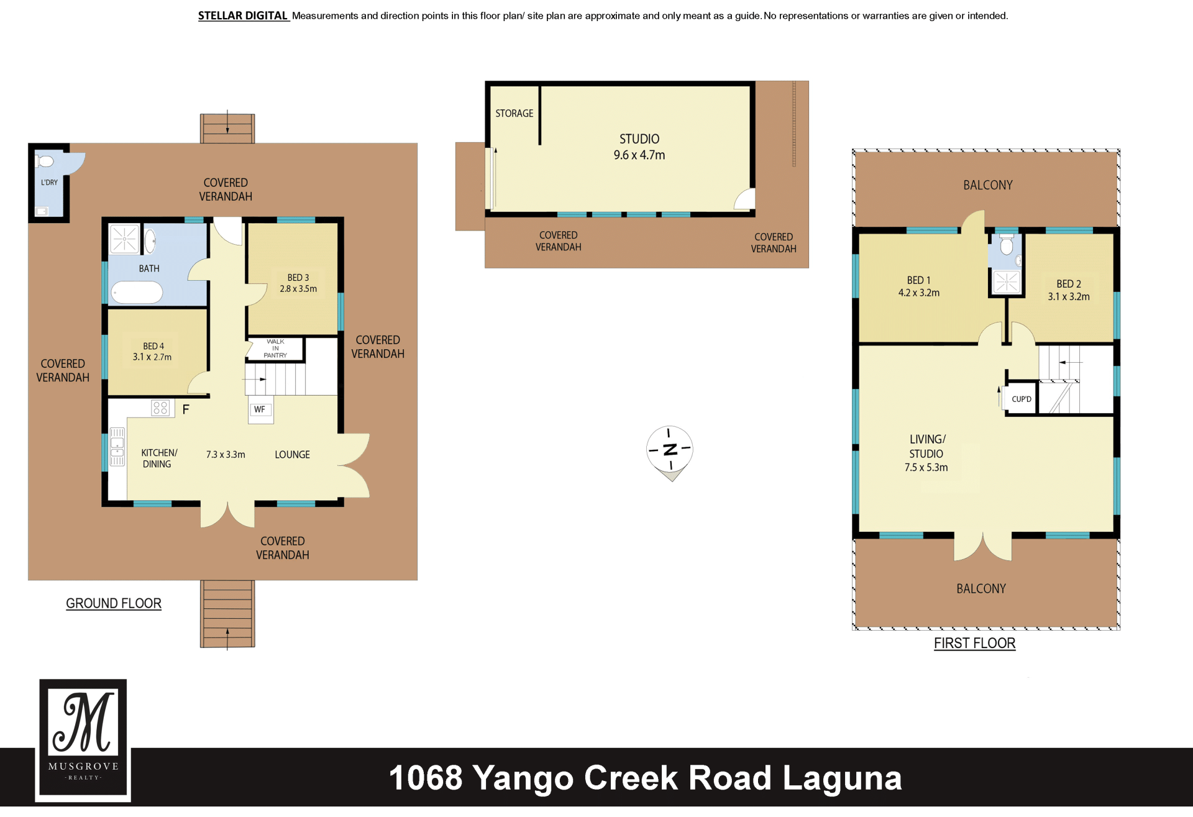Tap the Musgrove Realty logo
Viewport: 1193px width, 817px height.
coord(83,740)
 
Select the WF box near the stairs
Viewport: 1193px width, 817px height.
coord(260,409)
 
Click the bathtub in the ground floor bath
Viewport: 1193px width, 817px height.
coord(137,292)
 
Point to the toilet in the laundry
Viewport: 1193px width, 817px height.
coord(45,162)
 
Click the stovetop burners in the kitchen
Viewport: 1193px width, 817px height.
coord(160,408)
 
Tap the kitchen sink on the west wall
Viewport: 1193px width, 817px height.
coord(117,447)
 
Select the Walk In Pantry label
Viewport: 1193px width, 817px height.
coord(275,349)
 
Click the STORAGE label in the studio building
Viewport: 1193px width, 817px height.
coord(514,114)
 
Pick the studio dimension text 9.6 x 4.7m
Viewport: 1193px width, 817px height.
coord(639,155)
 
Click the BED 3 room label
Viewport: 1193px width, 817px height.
coord(298,278)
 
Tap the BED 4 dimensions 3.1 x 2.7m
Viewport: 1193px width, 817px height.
coord(152,357)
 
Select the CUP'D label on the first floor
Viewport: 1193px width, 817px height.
coord(1022,399)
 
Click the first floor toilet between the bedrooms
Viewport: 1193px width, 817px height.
coord(1007,244)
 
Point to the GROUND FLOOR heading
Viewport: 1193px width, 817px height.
coord(114,603)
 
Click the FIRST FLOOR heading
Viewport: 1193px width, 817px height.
coord(975,643)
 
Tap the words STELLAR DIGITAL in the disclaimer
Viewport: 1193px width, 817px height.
coord(243,16)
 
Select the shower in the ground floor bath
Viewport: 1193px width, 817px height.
coord(124,239)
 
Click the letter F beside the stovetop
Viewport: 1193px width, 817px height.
coord(186,409)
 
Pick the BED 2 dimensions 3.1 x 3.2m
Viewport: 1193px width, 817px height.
coord(1069,297)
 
